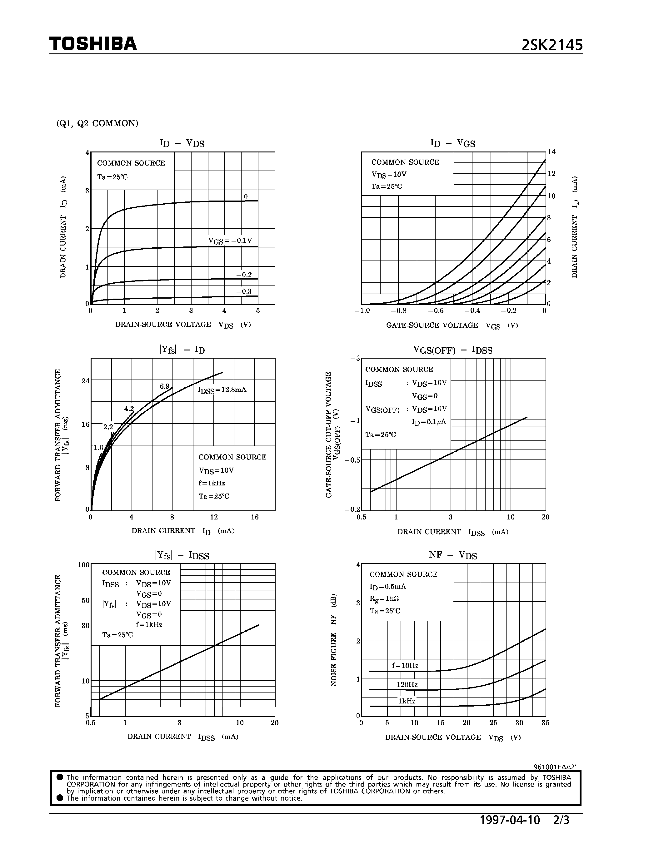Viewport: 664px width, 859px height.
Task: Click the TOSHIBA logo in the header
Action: [93, 44]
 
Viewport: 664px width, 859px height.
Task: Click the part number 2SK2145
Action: [552, 46]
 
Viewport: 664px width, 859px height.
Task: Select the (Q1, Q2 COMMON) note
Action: [97, 123]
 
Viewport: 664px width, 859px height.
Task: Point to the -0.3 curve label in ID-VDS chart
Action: [244, 291]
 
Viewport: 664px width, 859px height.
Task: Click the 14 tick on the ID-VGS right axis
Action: [551, 152]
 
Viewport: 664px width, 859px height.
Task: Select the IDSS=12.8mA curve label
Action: [222, 390]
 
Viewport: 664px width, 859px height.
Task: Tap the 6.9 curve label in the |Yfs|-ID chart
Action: [164, 386]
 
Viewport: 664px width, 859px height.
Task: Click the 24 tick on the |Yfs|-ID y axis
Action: [85, 381]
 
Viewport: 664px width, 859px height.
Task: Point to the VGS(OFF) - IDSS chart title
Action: [452, 350]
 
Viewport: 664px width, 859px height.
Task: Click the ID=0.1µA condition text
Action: [429, 422]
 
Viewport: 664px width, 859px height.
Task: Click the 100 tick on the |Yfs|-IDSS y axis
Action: [83, 565]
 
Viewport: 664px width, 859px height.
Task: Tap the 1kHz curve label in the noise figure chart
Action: [407, 701]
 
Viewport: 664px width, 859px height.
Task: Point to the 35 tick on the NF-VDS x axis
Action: [545, 722]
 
